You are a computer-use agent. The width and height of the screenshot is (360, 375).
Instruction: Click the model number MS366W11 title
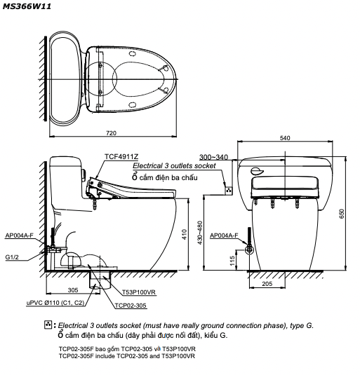(27, 6)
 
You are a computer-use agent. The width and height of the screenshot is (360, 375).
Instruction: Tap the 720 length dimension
(112, 133)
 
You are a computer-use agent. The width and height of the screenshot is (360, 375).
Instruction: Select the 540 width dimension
(285, 138)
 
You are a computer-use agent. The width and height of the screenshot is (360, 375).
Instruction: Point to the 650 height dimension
(342, 213)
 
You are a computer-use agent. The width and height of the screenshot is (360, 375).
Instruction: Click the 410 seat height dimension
(185, 234)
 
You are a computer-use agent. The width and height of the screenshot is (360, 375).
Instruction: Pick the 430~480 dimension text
(200, 233)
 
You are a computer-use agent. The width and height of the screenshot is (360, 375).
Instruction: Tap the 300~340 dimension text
(214, 157)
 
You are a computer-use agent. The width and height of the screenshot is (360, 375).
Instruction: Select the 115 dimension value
(232, 261)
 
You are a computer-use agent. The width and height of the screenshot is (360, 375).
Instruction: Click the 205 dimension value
(267, 284)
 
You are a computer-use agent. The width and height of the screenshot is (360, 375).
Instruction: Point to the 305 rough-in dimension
(73, 290)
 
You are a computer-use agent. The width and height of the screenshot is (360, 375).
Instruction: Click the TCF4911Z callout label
(121, 156)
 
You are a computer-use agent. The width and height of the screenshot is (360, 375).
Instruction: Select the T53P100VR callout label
(139, 292)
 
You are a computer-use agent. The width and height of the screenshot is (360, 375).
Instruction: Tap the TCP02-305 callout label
(131, 306)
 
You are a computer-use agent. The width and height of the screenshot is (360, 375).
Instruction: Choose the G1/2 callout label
(12, 257)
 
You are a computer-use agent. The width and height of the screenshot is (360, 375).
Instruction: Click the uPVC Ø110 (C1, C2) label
(55, 303)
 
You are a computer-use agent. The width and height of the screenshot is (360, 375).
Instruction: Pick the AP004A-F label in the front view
(224, 236)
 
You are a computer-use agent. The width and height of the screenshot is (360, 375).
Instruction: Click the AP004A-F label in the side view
(20, 236)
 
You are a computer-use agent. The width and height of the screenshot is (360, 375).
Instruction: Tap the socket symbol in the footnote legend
(48, 325)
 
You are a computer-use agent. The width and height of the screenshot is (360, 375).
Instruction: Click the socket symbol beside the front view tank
(229, 191)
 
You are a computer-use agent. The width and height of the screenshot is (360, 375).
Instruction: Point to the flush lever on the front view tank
(257, 171)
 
